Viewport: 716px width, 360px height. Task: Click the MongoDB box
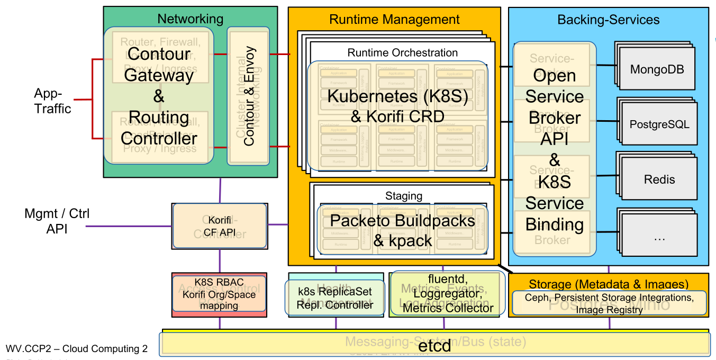click(x=657, y=69)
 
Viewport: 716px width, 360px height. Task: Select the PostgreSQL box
click(x=659, y=125)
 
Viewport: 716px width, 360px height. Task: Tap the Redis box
click(x=659, y=179)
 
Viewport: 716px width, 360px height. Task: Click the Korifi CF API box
click(x=220, y=227)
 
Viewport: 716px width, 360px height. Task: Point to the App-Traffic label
click(x=52, y=101)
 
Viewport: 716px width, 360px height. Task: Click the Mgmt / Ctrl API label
click(x=57, y=221)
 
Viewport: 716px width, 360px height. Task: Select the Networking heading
click(x=191, y=19)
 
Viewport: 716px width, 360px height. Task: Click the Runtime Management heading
click(x=394, y=20)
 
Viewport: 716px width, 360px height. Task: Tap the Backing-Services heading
click(x=609, y=20)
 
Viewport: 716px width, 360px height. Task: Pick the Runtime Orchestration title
click(x=402, y=52)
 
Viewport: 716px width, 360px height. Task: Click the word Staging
click(x=403, y=196)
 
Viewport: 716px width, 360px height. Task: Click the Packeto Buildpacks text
click(x=403, y=221)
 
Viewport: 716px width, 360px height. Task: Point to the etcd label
click(x=434, y=346)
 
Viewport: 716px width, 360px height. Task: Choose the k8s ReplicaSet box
click(x=335, y=298)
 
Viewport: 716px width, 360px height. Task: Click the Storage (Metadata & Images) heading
click(x=609, y=284)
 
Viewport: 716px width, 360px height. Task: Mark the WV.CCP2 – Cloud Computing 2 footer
click(x=77, y=349)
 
